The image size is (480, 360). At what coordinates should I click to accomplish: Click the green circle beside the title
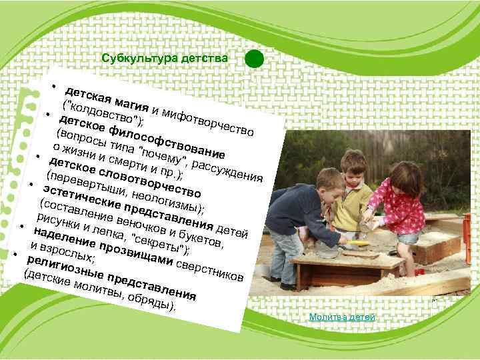(x=254, y=59)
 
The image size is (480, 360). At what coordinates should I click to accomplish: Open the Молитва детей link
(x=342, y=317)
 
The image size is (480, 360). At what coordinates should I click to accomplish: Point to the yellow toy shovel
(x=360, y=243)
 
